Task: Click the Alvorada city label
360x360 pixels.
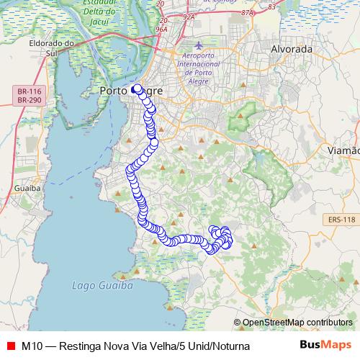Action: pyautogui.click(x=292, y=49)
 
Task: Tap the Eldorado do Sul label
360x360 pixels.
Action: pyautogui.click(x=60, y=48)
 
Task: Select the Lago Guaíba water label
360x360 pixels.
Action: pyautogui.click(x=103, y=286)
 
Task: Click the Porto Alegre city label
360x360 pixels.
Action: pyautogui.click(x=130, y=91)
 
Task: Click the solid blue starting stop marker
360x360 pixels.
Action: pyautogui.click(x=136, y=89)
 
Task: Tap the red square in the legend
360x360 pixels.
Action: pyautogui.click(x=10, y=346)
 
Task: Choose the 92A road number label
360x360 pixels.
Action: pyautogui.click(x=189, y=14)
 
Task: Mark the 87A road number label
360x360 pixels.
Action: pyautogui.click(x=248, y=12)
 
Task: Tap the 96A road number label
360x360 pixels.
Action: pyautogui.click(x=161, y=30)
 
